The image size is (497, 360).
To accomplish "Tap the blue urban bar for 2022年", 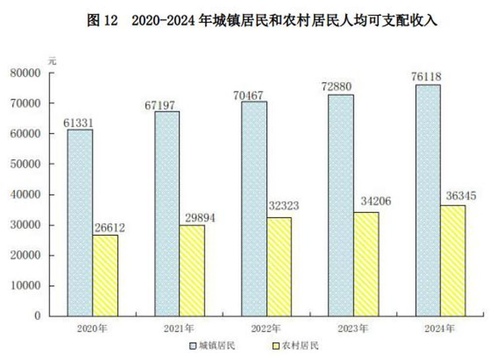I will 254,209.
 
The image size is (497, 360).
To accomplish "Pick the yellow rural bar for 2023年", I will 366,264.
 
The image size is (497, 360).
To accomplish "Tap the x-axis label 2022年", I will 266,329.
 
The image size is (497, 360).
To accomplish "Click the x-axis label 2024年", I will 440,329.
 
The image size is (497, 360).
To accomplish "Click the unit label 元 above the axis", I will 52,62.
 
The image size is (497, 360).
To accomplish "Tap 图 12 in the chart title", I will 102,21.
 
